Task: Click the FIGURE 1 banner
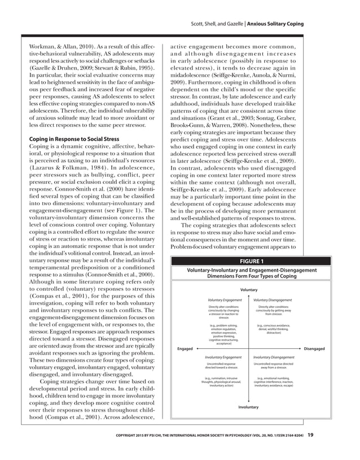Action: [x=249, y=261]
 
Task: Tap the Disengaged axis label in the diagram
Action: [x=314, y=349]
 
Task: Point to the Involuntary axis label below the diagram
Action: [x=248, y=407]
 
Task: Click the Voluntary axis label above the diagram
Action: [x=249, y=290]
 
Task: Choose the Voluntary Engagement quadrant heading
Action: [x=225, y=300]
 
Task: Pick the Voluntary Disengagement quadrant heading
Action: [x=273, y=300]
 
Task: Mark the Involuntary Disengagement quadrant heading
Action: [x=273, y=357]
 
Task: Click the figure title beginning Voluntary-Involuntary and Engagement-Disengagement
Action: [x=249, y=273]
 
